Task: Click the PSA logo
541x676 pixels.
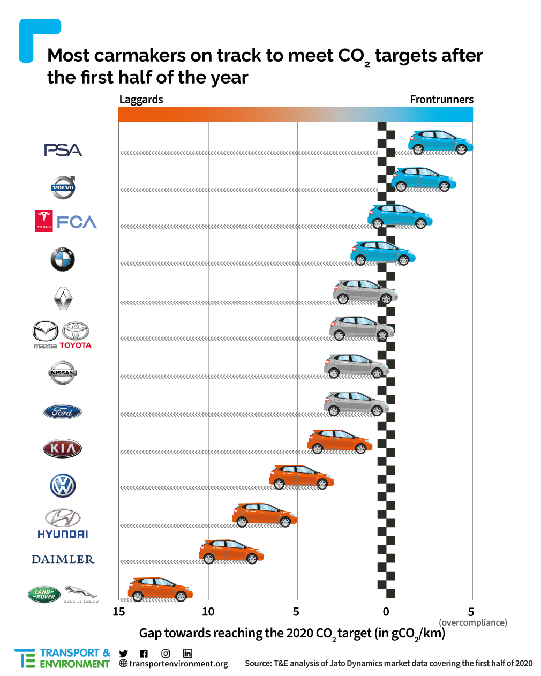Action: pyautogui.click(x=63, y=150)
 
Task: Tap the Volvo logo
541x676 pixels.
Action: pyautogui.click(x=63, y=187)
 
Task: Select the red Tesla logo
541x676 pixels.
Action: pyautogui.click(x=44, y=221)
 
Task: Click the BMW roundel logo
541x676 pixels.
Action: pyautogui.click(x=63, y=260)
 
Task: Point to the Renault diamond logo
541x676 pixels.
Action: pyautogui.click(x=63, y=298)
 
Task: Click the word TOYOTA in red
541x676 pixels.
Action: pyautogui.click(x=76, y=345)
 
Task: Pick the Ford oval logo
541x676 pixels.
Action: pyautogui.click(x=62, y=412)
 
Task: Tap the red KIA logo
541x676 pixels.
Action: pyautogui.click(x=63, y=448)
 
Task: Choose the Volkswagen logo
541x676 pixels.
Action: pyautogui.click(x=63, y=486)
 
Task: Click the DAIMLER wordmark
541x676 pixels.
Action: pyautogui.click(x=63, y=559)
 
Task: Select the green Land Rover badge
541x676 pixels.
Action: pyautogui.click(x=44, y=594)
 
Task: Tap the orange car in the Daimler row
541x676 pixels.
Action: pyautogui.click(x=231, y=552)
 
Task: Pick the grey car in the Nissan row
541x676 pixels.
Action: pyautogui.click(x=356, y=366)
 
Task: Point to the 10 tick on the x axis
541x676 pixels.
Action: pyautogui.click(x=208, y=612)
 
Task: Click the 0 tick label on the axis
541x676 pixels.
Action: pyautogui.click(x=386, y=612)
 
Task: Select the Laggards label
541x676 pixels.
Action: pyautogui.click(x=141, y=100)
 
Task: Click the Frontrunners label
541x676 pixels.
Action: pyautogui.click(x=441, y=100)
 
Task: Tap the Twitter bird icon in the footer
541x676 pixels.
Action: pyautogui.click(x=124, y=654)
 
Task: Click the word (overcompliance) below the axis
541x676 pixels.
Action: pyautogui.click(x=472, y=622)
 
